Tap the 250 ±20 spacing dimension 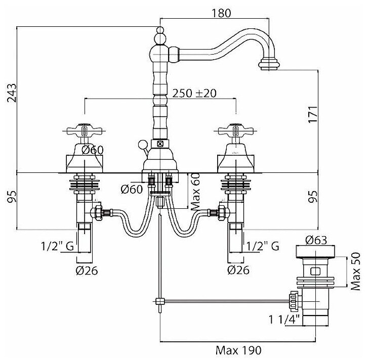click(x=194, y=93)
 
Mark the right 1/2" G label click(x=262, y=246)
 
